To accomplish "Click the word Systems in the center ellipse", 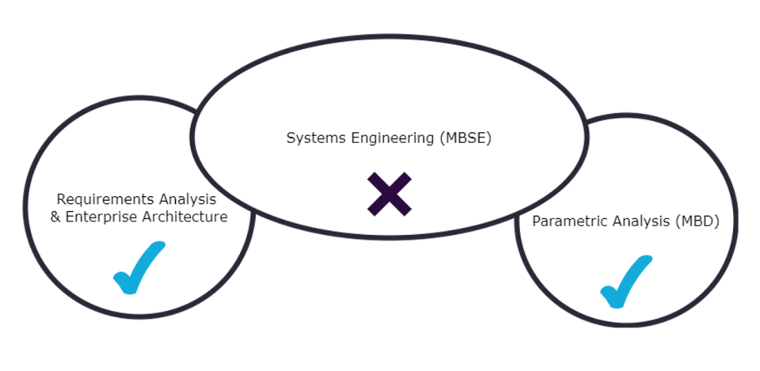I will (310, 138).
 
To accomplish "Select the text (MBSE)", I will (466, 138).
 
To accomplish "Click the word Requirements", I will (98, 199).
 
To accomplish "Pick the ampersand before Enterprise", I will (55, 217).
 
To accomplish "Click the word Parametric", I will (565, 221).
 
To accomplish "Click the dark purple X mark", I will (389, 194).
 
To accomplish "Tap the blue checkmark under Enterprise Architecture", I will (139, 270).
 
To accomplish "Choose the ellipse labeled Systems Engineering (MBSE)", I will (388, 87).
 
